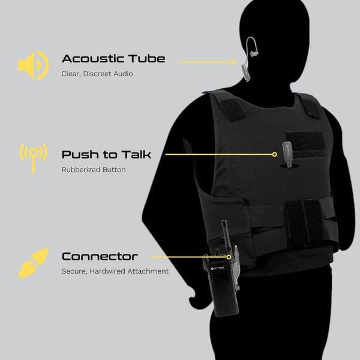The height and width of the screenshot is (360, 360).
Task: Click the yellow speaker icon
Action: (x=33, y=65)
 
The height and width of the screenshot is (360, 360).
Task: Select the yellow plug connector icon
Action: (x=33, y=263)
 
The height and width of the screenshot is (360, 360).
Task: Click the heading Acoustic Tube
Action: (x=113, y=59)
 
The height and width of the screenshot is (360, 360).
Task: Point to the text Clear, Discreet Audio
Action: (x=97, y=74)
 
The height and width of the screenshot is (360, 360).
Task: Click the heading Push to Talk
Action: (x=106, y=154)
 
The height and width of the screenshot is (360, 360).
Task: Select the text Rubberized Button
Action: (x=94, y=170)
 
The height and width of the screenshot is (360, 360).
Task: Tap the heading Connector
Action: (x=100, y=256)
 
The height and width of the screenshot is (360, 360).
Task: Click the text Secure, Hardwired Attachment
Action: (x=115, y=271)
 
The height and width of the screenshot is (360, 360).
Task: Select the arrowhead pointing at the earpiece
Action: (x=236, y=61)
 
